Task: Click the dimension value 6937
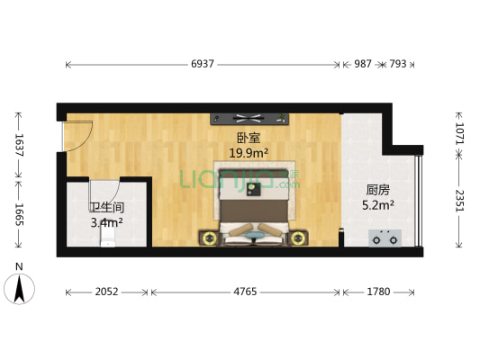(x=204, y=65)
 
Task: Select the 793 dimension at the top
(x=397, y=65)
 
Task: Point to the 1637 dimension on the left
(x=17, y=143)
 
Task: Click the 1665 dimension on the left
(x=17, y=213)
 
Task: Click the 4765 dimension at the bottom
(x=245, y=292)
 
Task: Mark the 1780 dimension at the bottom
(x=378, y=292)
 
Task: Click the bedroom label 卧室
(x=249, y=138)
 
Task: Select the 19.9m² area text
(x=249, y=153)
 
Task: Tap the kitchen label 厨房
(x=377, y=190)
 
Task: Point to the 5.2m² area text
(x=377, y=205)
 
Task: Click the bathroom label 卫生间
(x=106, y=207)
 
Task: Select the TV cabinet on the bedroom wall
(x=249, y=117)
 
